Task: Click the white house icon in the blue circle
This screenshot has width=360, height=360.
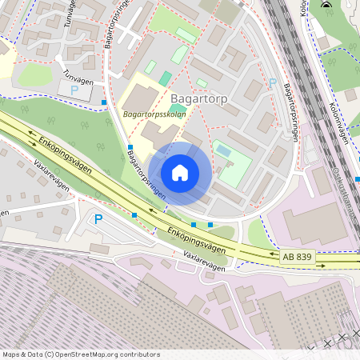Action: coord(180,173)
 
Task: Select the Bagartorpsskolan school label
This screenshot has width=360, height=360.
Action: coord(155,115)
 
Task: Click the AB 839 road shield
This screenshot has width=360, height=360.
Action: coord(298,256)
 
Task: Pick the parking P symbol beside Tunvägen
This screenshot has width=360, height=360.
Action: coord(74,90)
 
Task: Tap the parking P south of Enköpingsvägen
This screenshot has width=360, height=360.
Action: coord(98,218)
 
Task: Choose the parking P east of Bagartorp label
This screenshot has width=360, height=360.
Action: coord(272,83)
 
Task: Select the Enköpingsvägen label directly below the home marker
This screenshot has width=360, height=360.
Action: coord(196,240)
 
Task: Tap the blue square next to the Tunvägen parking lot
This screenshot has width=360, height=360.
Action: coord(104,102)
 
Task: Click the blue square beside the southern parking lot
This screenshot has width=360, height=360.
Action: coord(134,215)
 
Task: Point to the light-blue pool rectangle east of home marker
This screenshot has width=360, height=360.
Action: coord(223,151)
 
